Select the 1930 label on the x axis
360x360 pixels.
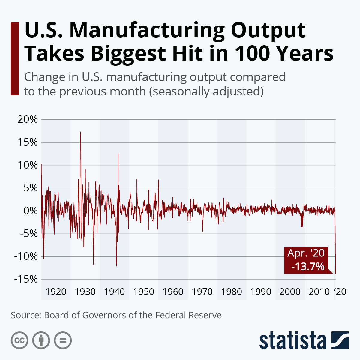click(85, 292)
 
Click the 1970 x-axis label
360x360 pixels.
click(202, 292)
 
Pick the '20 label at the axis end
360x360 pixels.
click(340, 292)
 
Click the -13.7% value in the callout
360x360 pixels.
click(307, 266)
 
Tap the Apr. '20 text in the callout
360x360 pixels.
click(306, 253)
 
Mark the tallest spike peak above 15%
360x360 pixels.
click(80, 132)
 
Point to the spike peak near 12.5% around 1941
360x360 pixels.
click(118, 154)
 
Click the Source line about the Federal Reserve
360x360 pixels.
click(116, 315)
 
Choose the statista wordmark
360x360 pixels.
click(293, 341)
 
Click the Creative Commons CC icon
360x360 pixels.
click(19, 340)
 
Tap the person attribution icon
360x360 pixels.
click(41, 340)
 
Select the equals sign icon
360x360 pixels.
click(63, 340)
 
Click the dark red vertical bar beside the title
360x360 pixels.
click(15, 58)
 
